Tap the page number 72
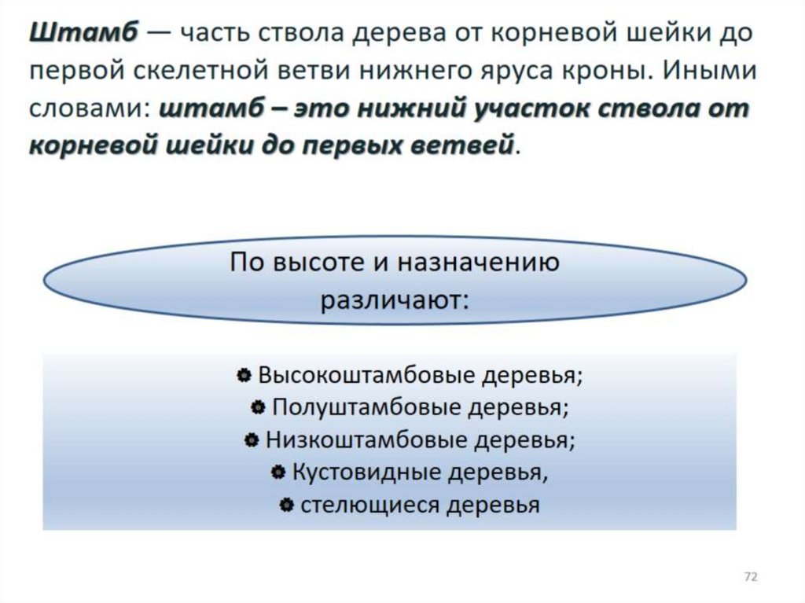[751, 578]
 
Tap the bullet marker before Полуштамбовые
[258, 408]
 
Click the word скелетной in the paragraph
[203, 72]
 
